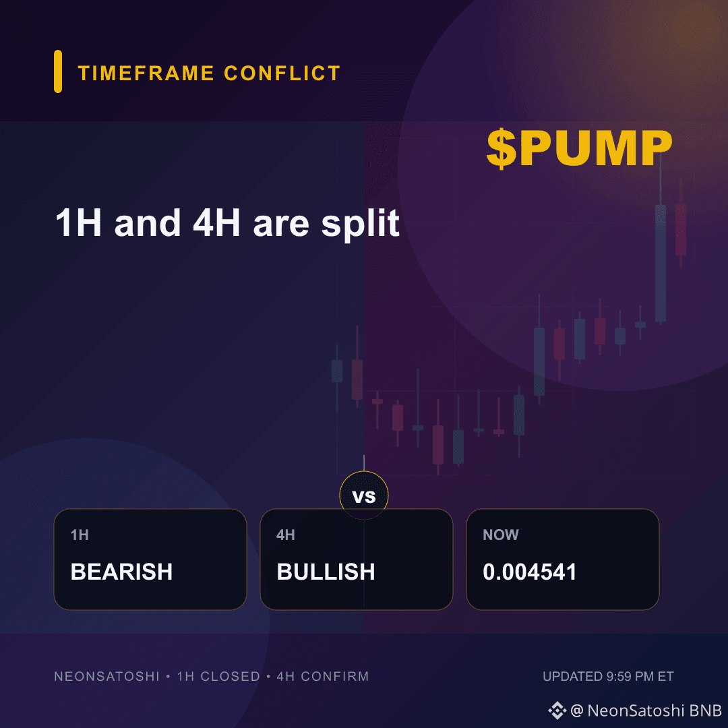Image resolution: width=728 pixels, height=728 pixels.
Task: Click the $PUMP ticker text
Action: point(580,148)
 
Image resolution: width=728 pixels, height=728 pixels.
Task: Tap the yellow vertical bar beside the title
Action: point(58,71)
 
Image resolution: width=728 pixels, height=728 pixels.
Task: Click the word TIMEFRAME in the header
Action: point(146,73)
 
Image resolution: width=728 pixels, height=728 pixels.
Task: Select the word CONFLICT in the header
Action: point(282,73)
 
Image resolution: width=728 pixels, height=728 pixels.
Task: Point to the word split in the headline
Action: point(360,224)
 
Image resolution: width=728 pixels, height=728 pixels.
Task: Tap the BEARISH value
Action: point(121,572)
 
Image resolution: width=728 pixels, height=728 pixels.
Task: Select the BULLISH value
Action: point(326,572)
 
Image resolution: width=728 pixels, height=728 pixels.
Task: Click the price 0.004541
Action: point(530,572)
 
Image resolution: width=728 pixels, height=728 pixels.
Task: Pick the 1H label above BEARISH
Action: point(80,535)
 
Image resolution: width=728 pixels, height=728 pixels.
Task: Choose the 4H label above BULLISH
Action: point(286,535)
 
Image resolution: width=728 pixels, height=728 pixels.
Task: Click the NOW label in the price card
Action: point(500,535)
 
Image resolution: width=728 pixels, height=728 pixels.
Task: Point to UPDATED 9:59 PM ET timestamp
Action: point(608,677)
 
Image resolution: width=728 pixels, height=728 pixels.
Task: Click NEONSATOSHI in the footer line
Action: point(107,677)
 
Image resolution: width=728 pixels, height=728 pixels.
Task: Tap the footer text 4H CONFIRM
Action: point(323,677)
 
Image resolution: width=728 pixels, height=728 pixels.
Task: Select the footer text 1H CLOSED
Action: point(218,677)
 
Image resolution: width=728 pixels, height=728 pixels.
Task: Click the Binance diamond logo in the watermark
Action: point(557,710)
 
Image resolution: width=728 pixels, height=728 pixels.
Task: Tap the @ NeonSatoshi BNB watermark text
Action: point(646,710)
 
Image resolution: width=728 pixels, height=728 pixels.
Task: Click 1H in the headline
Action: point(78,223)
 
